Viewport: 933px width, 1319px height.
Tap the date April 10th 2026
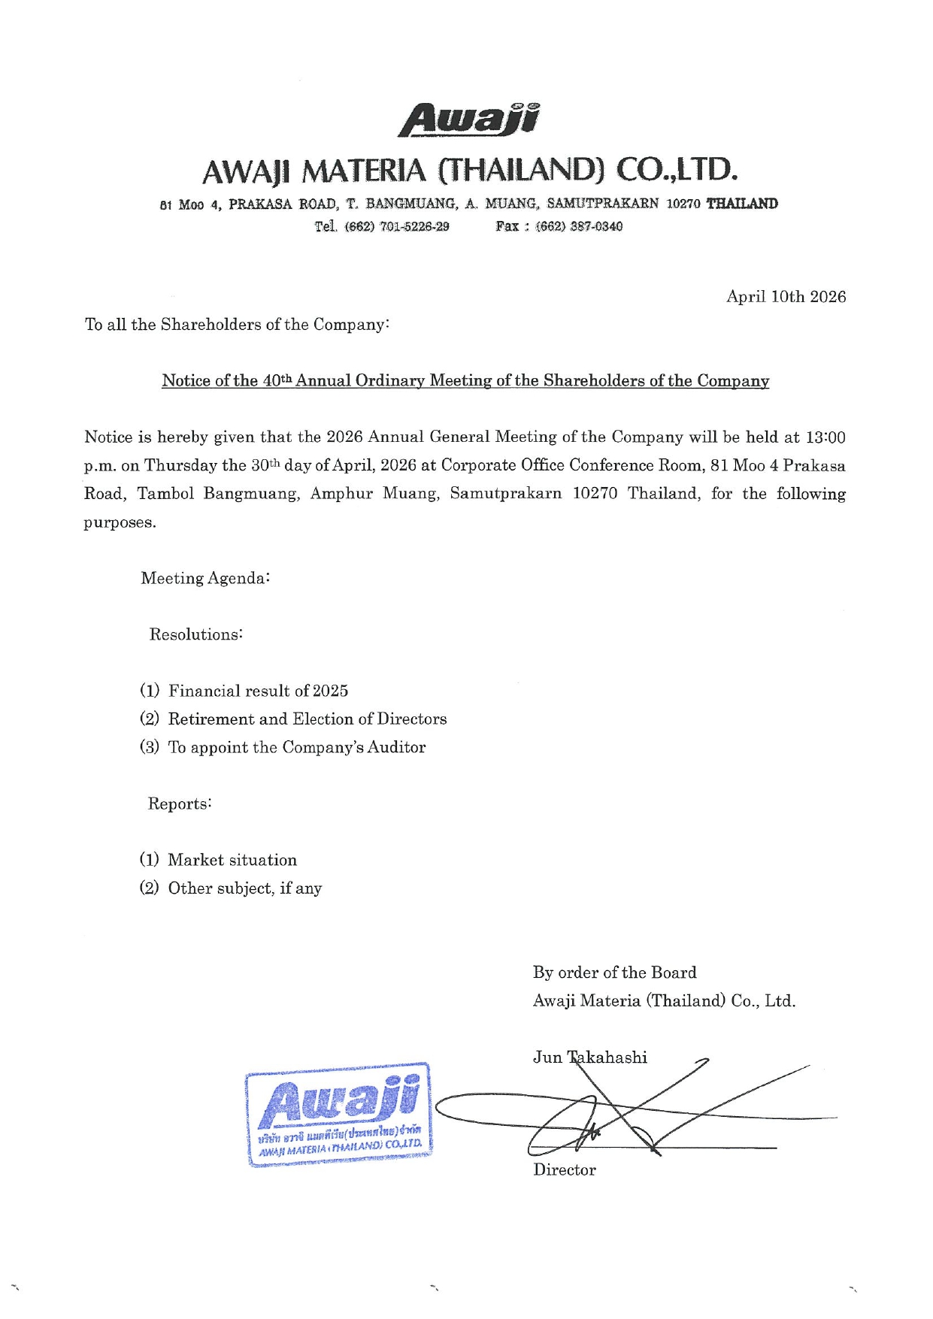tap(786, 297)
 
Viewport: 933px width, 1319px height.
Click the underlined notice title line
tap(465, 381)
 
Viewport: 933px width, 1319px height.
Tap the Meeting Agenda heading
tap(205, 579)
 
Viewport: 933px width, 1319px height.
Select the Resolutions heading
tap(195, 635)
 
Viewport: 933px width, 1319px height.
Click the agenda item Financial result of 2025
tap(258, 691)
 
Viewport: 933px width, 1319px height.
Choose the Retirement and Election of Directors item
tap(307, 719)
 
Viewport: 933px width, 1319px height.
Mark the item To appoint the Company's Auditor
tap(296, 748)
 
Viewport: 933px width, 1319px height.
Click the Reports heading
tap(180, 804)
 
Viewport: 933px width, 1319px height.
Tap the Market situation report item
tap(232, 861)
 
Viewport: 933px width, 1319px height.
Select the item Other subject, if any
tap(244, 888)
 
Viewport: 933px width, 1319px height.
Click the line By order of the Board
tap(614, 973)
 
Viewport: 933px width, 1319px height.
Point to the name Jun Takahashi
tap(590, 1058)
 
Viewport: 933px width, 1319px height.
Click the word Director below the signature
tap(564, 1170)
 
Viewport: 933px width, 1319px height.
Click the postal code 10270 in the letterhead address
tap(683, 204)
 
